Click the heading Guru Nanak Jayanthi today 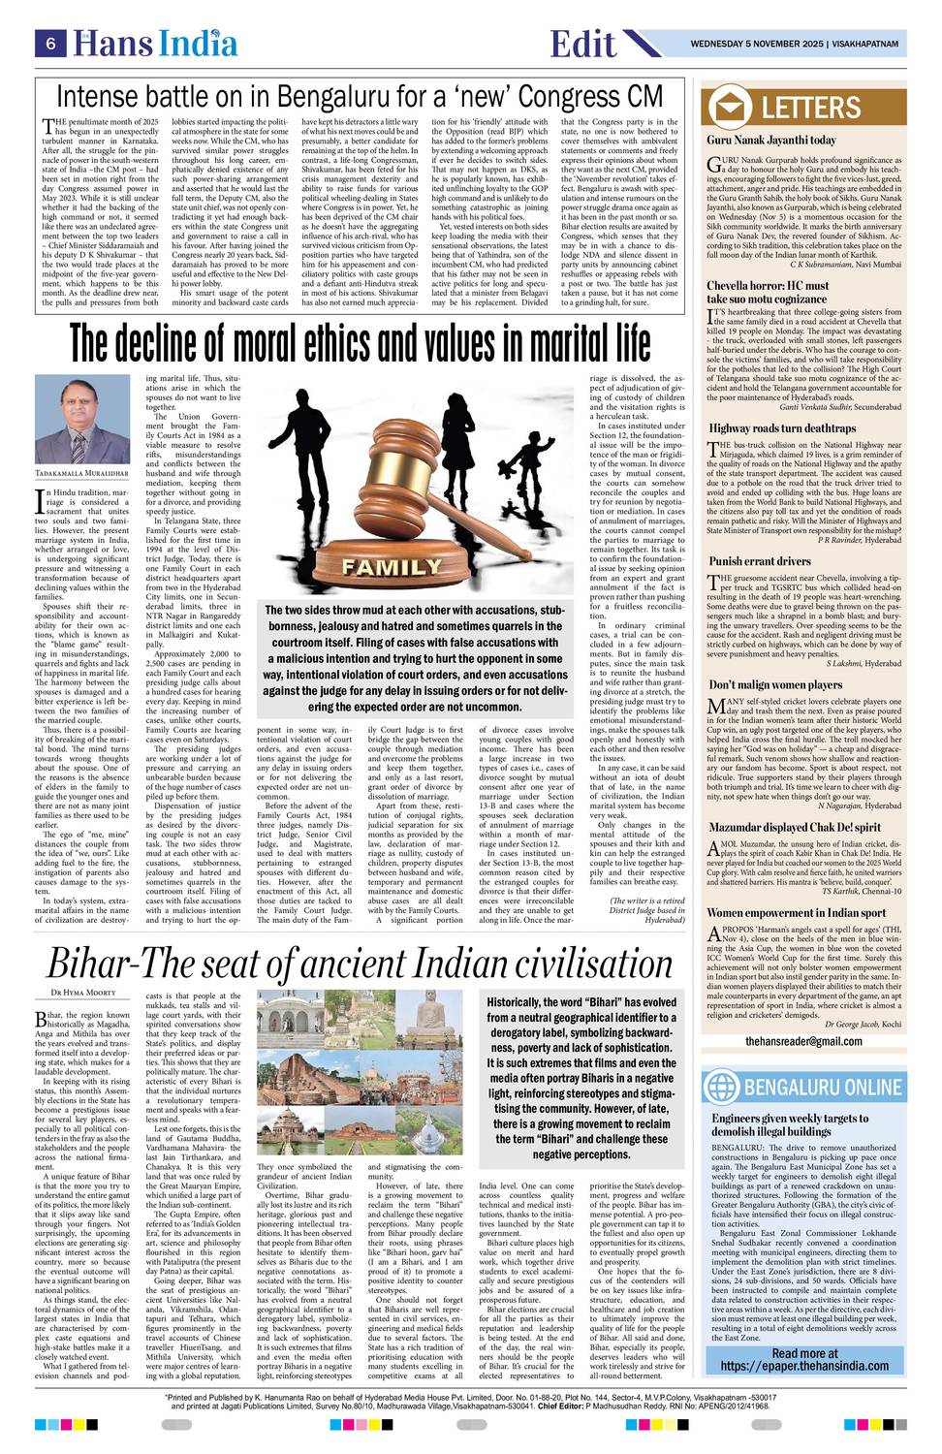771,141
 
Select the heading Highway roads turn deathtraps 782,427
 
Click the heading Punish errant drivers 760,561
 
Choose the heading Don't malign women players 775,684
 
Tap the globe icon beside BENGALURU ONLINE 723,1086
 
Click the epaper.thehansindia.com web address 804,1367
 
